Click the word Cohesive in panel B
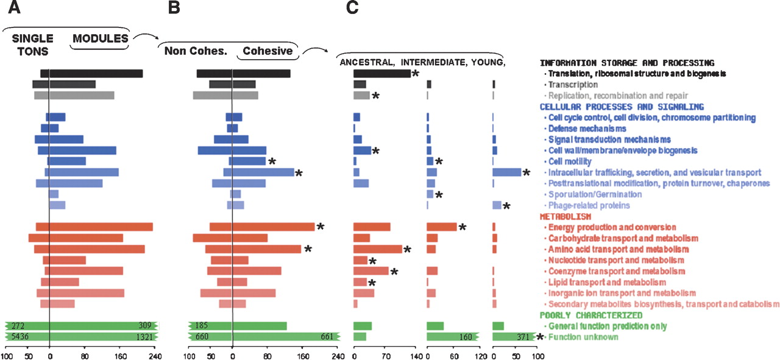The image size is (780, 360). coord(268,51)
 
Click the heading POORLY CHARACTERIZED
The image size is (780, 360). coord(590,315)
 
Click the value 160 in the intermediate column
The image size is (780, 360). coord(467,337)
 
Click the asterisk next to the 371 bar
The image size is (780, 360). coord(540,337)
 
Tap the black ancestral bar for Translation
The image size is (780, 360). coord(382,74)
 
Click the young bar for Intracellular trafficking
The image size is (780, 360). coord(507,172)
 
